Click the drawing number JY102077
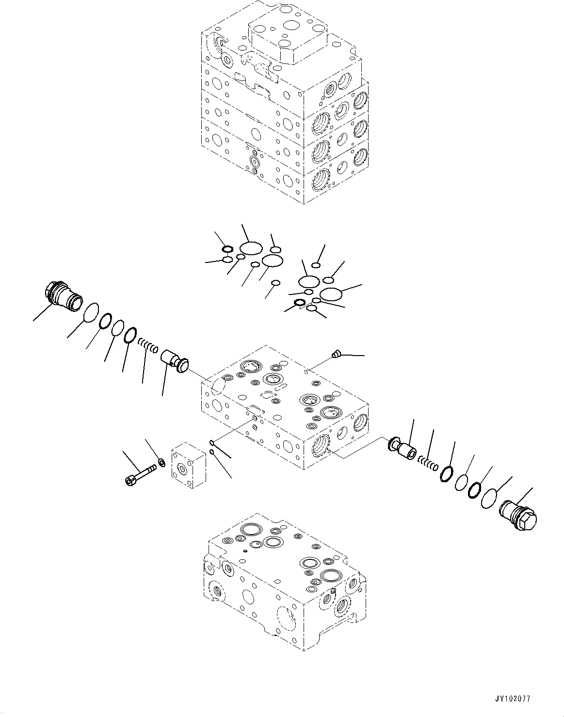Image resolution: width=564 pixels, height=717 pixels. [x=513, y=699]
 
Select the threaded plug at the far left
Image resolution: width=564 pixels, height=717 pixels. [x=62, y=295]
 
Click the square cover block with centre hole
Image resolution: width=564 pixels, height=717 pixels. [x=188, y=465]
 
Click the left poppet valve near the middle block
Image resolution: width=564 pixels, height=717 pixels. [x=174, y=361]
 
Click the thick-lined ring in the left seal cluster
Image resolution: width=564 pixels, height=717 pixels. [x=227, y=249]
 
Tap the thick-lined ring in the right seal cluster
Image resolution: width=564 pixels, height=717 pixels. [x=300, y=304]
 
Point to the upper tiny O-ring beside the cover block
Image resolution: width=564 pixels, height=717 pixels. [x=212, y=442]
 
